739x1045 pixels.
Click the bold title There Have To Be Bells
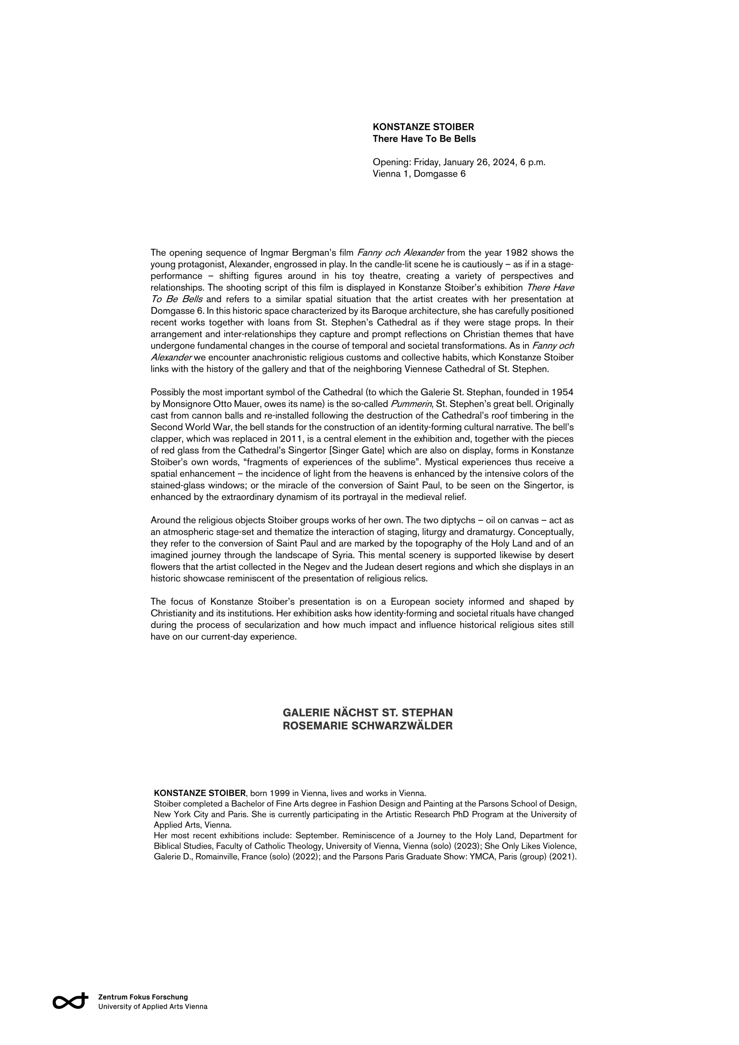point(424,139)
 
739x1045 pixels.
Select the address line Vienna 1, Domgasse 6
point(419,174)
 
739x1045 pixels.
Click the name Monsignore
point(186,404)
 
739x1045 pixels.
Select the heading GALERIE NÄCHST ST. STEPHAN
point(368,713)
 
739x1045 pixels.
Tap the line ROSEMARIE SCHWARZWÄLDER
point(368,726)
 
